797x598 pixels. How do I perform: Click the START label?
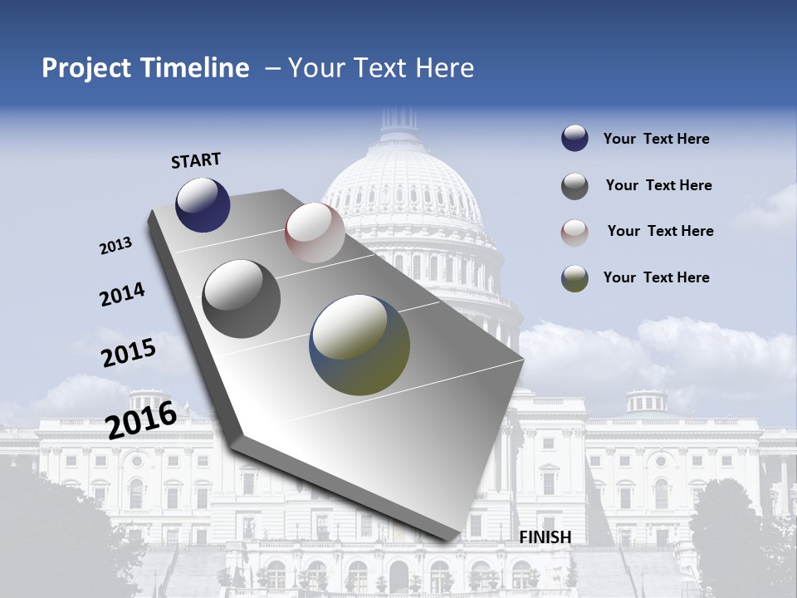(196, 160)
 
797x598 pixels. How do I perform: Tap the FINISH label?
(545, 537)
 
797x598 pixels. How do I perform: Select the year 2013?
(116, 246)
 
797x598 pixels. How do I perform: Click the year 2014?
(122, 294)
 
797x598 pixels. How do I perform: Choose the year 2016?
(141, 419)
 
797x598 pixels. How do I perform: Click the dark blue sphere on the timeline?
(203, 204)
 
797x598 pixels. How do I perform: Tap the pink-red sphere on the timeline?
(315, 233)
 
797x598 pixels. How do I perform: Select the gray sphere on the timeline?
(242, 298)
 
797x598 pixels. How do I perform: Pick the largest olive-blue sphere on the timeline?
(359, 345)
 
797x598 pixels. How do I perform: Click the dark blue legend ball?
(575, 139)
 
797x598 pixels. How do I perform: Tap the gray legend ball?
(575, 186)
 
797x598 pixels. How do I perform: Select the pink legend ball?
(575, 232)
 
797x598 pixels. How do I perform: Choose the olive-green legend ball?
(575, 278)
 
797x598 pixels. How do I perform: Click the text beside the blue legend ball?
(656, 139)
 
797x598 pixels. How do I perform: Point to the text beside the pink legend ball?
(660, 231)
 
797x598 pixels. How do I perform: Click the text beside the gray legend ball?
(658, 185)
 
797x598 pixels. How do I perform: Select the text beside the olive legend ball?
(656, 277)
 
